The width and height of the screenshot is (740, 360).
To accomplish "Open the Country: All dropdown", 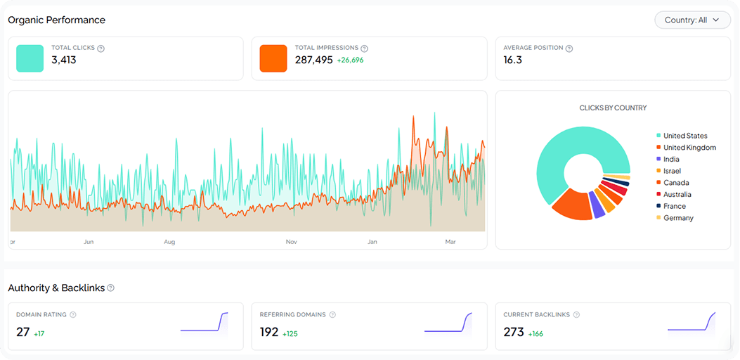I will (692, 20).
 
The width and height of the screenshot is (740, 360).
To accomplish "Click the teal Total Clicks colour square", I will (30, 58).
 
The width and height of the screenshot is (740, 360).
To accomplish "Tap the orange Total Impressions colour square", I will (273, 58).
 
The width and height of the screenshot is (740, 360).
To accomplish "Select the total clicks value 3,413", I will (64, 60).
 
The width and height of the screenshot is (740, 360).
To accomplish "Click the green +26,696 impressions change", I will (350, 60).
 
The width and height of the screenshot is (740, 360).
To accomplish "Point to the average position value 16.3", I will (513, 60).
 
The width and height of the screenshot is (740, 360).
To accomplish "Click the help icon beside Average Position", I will (569, 49).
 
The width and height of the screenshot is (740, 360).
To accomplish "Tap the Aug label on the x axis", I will (169, 242).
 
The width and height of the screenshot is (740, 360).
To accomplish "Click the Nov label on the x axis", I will (292, 242).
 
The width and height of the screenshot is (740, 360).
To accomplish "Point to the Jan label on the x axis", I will (372, 242).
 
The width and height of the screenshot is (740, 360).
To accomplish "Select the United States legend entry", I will (684, 136).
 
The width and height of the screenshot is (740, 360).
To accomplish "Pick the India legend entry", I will (671, 160).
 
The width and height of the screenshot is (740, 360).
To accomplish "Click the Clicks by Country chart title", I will (613, 108).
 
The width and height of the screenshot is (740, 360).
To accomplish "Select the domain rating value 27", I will (23, 332).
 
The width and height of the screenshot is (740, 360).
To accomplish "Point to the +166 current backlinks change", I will (535, 333).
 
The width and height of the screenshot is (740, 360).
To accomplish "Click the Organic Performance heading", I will (56, 20).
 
